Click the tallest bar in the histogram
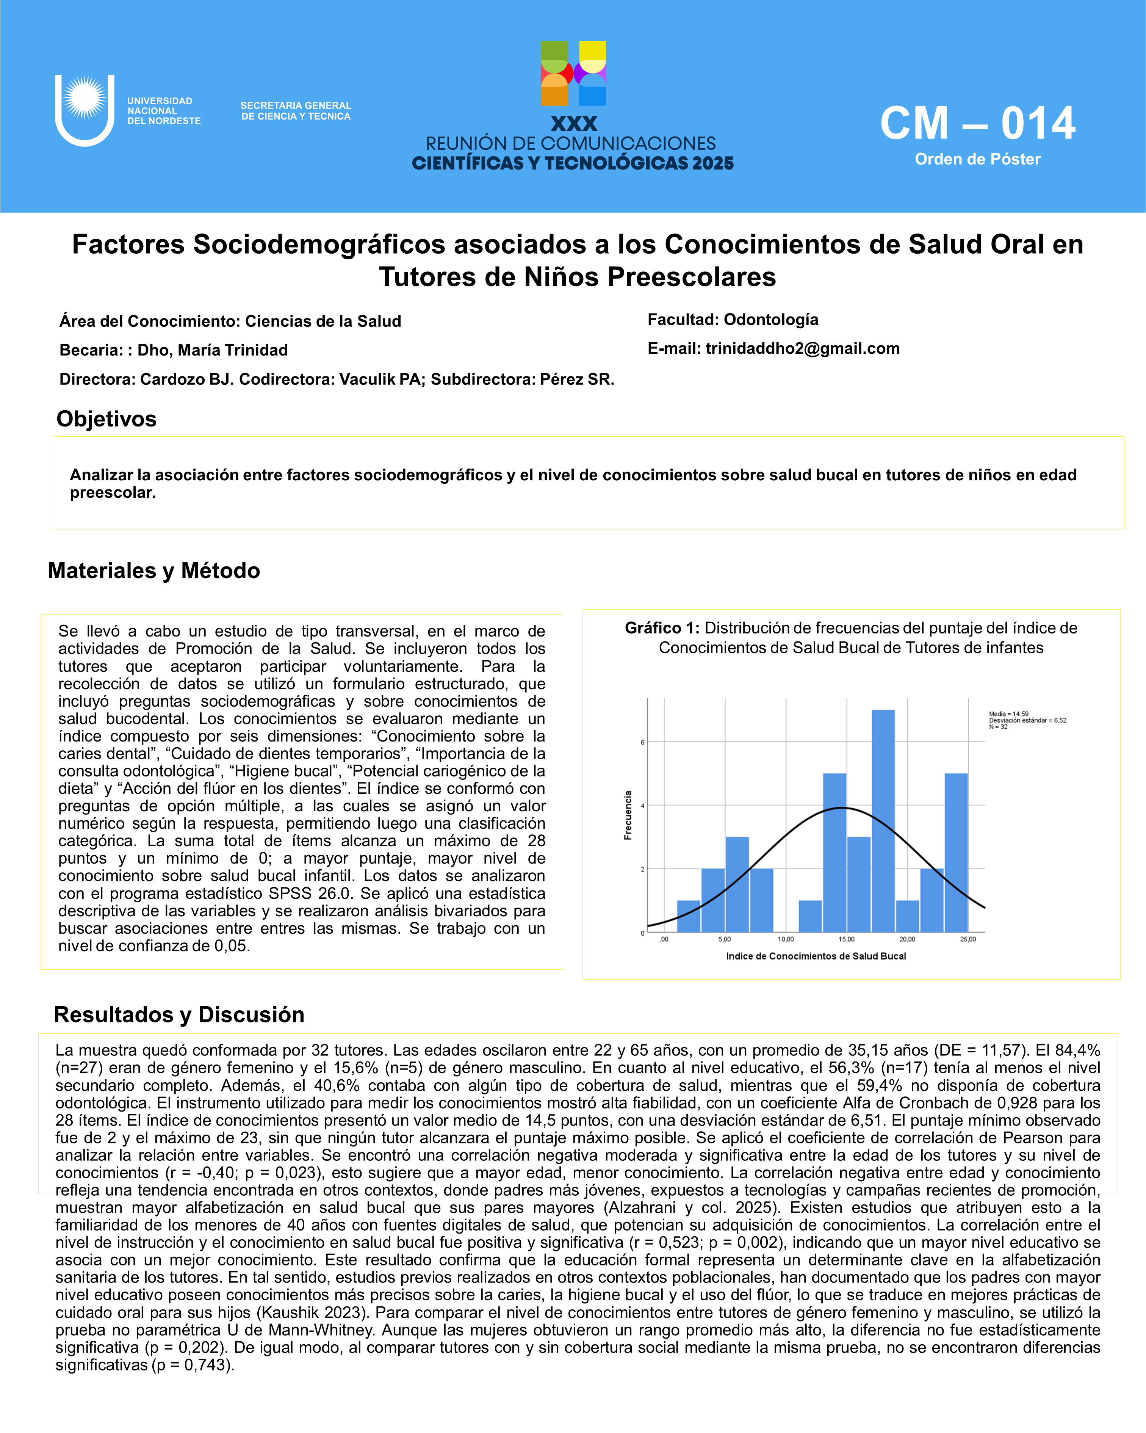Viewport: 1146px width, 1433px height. pyautogui.click(x=883, y=821)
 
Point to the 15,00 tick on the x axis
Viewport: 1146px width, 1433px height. pyautogui.click(x=846, y=939)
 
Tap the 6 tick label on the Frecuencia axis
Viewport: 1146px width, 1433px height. pyautogui.click(x=642, y=742)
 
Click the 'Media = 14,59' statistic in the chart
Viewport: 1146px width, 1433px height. pyautogui.click(x=1008, y=714)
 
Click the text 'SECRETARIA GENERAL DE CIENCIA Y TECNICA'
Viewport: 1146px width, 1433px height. pyautogui.click(x=296, y=111)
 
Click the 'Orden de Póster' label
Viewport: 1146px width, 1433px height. pyautogui.click(x=977, y=160)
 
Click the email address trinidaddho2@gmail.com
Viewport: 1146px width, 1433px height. pyautogui.click(x=803, y=348)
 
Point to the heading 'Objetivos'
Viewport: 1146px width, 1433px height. pyautogui.click(x=106, y=419)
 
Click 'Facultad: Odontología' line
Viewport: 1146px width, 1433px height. pyautogui.click(x=733, y=320)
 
